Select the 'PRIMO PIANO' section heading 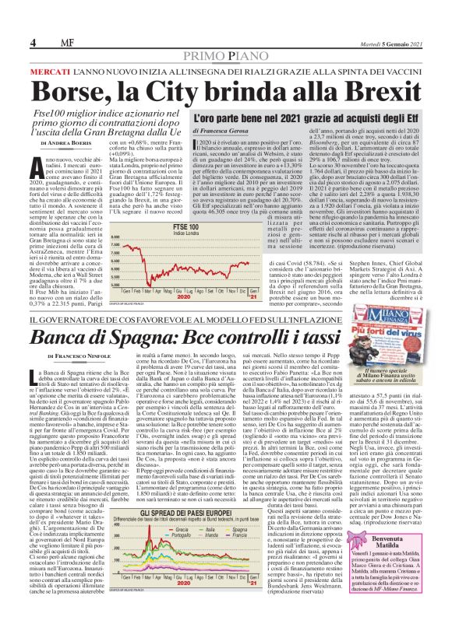point(226,56)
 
